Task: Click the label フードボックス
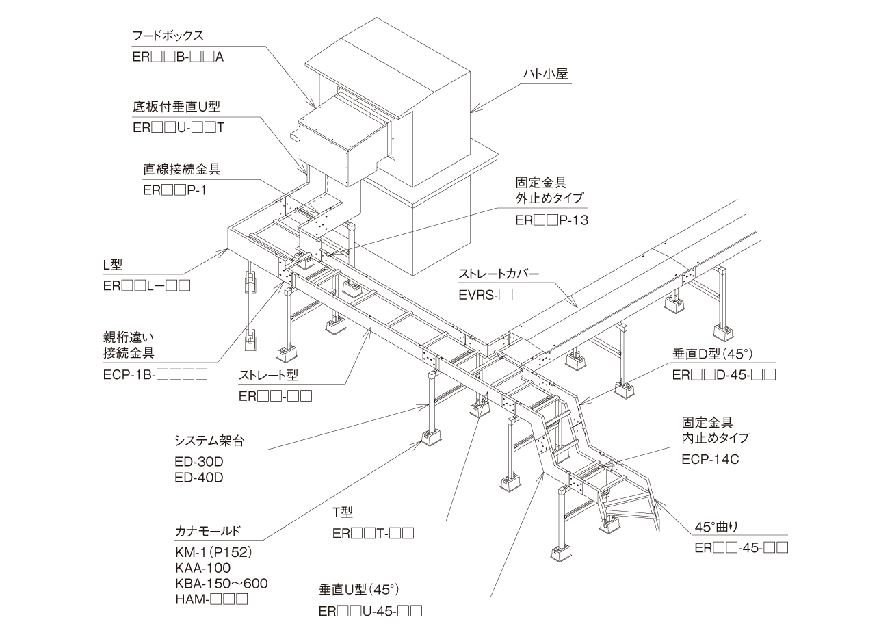coord(168,35)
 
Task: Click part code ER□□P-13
coord(551,220)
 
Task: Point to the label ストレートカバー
coord(499,276)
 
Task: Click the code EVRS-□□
coord(490,296)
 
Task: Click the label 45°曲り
coord(716,528)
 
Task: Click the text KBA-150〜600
coord(221,584)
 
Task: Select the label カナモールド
coord(208,530)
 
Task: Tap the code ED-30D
coord(199,462)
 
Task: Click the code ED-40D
coord(199,478)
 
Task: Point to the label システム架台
coord(209,441)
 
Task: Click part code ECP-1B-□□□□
coord(155,374)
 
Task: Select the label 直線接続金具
coord(182,169)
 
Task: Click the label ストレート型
coord(268,376)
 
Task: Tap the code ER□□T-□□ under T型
coord(373,534)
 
